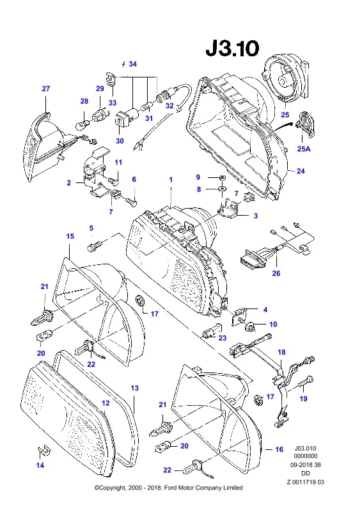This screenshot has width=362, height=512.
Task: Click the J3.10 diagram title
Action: coord(232,49)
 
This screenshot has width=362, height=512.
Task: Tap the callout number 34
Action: coord(132,64)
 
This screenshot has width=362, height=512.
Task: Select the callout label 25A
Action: coord(304,149)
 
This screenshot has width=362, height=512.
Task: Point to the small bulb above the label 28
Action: coord(81,125)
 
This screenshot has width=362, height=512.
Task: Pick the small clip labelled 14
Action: coord(43,451)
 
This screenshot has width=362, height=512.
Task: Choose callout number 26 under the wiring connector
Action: coord(276,273)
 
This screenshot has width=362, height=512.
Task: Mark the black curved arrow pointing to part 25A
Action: coord(283,127)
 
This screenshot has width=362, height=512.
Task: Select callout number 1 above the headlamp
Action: coord(171,180)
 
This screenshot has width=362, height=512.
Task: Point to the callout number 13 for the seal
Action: coord(134,388)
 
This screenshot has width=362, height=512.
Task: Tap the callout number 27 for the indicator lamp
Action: coord(45,88)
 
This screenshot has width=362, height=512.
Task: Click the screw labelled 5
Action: coord(95,245)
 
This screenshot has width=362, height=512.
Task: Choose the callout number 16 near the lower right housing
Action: coord(279,449)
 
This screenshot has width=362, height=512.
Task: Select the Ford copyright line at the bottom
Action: coord(168,488)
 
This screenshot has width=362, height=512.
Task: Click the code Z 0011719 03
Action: coord(306,482)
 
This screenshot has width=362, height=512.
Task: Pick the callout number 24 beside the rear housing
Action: coord(301,171)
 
